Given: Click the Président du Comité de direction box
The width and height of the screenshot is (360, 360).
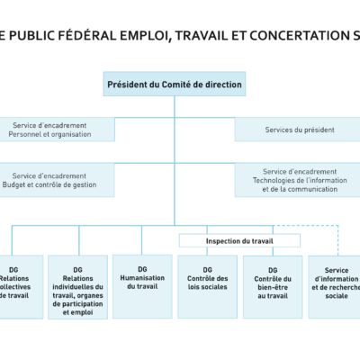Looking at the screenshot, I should [x=175, y=85].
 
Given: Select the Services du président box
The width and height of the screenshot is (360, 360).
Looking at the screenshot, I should [x=297, y=130].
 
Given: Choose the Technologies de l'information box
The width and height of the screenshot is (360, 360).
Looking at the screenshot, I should [x=297, y=180].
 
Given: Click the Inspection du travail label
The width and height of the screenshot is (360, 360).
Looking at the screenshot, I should [x=238, y=241].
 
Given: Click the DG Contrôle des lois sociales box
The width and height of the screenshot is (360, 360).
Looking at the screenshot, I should [x=207, y=285].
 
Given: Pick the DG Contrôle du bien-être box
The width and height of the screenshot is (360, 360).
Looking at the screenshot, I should [x=272, y=285].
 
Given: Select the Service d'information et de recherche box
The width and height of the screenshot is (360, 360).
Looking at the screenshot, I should [x=335, y=285].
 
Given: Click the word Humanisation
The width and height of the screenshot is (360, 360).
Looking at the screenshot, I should [x=141, y=277].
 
